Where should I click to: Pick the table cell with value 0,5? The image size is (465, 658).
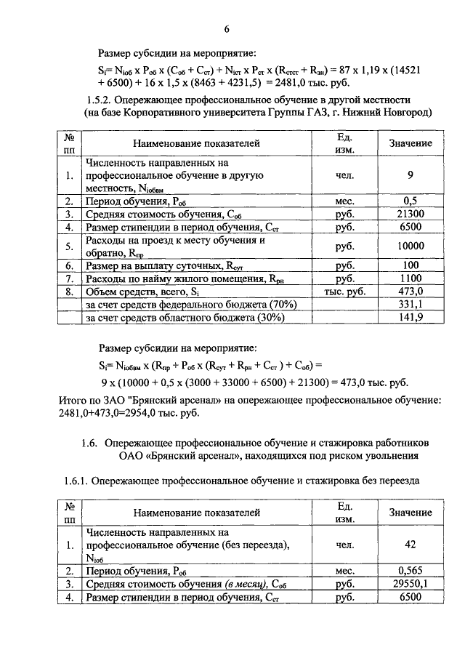point(411,201)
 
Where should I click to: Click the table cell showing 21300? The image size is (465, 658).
point(411,214)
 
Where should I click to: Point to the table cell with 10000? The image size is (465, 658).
point(411,246)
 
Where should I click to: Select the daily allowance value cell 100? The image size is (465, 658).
point(411,266)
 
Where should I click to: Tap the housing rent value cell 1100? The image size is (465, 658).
point(411,278)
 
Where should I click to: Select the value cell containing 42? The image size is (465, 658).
point(411,545)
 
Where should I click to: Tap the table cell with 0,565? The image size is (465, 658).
point(411,571)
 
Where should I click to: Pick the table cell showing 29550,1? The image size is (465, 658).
point(411,584)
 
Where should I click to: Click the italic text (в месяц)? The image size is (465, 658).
point(243,584)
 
